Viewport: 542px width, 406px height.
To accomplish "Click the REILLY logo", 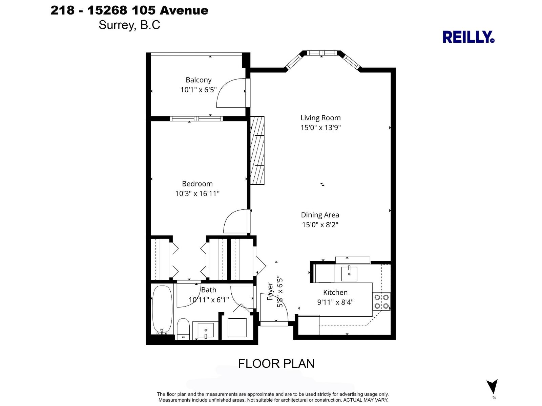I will (468, 37).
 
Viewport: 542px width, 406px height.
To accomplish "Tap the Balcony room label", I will (199, 80).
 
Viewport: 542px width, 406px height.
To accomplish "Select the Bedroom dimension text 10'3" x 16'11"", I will (197, 194).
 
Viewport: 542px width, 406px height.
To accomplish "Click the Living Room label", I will (320, 118).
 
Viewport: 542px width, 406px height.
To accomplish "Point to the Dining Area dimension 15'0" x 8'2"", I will (320, 225).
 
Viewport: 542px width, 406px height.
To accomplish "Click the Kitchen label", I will (335, 292).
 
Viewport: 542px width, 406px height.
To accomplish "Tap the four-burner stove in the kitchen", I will (381, 301).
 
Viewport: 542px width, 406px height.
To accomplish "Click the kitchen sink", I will (349, 273).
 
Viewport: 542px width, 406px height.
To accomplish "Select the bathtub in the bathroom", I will (162, 310).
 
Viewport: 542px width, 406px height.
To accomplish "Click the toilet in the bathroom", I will (183, 328).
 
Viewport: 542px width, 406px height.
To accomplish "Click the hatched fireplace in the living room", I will (257, 151).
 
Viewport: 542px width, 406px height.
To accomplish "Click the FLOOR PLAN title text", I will (276, 363).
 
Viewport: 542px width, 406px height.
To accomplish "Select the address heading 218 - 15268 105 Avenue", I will (129, 10).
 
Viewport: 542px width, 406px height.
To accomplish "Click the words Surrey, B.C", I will (129, 25).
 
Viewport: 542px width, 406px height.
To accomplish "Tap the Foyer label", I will (270, 291).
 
